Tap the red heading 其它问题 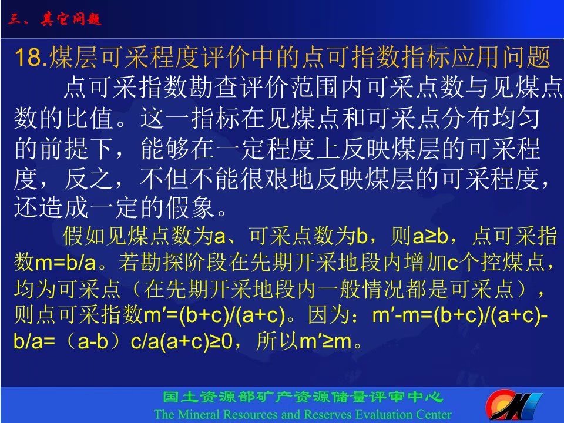pyautogui.click(x=71, y=19)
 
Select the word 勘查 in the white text pyautogui.click(x=203, y=87)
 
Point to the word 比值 pyautogui.click(x=90, y=118)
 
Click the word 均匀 pyautogui.click(x=515, y=117)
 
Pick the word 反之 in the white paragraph pyautogui.click(x=89, y=179)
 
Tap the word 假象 pyautogui.click(x=190, y=208)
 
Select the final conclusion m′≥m pyautogui.click(x=325, y=341)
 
